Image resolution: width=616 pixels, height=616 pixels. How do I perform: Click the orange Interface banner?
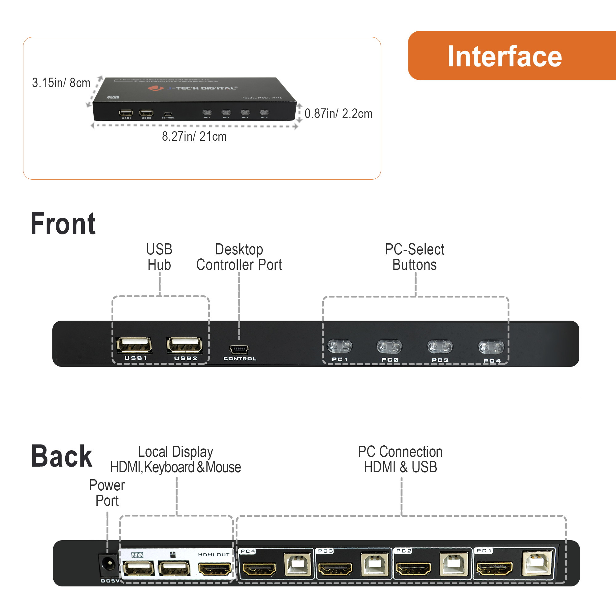(x=510, y=56)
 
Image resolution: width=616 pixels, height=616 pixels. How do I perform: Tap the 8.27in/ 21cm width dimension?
(x=194, y=136)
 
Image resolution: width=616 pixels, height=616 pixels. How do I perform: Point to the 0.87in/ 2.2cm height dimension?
(x=338, y=114)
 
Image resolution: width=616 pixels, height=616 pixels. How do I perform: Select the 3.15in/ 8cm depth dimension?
(x=61, y=83)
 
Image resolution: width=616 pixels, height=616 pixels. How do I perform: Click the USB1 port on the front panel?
(x=134, y=345)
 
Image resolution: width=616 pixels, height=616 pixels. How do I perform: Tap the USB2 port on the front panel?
(x=184, y=345)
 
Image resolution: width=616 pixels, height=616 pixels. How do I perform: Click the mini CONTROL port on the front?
(x=239, y=350)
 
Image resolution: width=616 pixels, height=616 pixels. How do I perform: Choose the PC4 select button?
(x=491, y=347)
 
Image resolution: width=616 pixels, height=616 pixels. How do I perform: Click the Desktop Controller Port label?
(x=239, y=257)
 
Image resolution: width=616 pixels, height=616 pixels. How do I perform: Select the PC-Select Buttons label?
(x=414, y=257)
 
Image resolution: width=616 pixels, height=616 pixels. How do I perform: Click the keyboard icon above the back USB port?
(x=137, y=555)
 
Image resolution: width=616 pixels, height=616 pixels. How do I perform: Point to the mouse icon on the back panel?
(x=173, y=555)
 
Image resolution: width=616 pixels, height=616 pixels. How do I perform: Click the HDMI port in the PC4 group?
(x=259, y=569)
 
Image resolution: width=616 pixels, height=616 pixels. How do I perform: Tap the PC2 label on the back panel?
(x=404, y=551)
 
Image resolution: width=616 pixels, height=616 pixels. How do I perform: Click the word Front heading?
(x=63, y=224)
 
